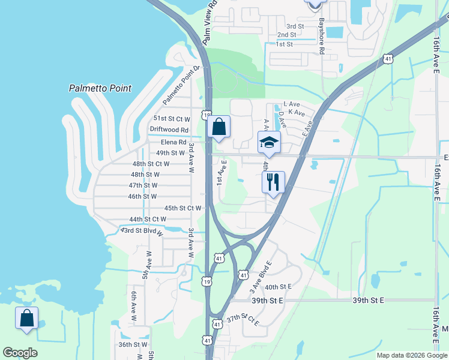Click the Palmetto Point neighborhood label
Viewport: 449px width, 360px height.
tap(100, 88)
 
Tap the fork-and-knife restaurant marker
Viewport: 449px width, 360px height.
tap(273, 182)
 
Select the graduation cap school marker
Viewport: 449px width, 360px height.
tap(269, 143)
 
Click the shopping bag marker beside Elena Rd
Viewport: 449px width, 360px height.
tap(219, 127)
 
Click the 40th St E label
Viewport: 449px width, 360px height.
tap(278, 287)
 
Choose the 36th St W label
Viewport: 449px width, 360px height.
tap(133, 344)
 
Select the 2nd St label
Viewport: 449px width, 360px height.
tap(287, 35)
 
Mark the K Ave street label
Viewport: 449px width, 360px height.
tap(296, 112)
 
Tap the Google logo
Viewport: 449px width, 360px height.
tap(20, 353)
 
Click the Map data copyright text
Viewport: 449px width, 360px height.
tap(411, 355)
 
